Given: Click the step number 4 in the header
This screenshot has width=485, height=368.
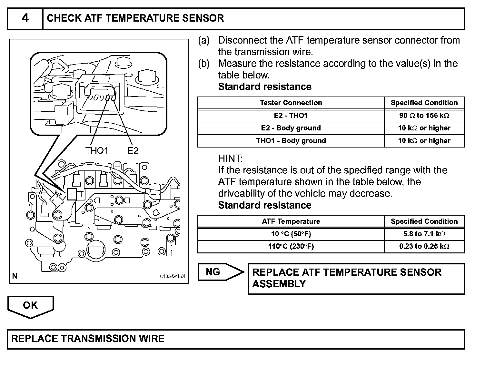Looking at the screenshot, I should [x=25, y=18].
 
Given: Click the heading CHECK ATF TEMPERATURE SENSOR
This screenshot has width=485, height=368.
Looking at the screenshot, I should [x=135, y=18].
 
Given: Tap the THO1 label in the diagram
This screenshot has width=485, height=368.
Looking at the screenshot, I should [x=96, y=150].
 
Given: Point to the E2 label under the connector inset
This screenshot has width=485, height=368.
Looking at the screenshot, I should [x=133, y=150].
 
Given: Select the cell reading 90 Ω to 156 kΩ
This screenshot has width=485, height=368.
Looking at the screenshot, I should [x=424, y=116].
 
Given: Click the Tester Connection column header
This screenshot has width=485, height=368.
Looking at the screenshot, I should [x=291, y=103].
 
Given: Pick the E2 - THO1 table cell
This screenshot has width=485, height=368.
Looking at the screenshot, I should [x=291, y=116].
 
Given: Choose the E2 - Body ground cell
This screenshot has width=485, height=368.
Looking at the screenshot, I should [x=291, y=128].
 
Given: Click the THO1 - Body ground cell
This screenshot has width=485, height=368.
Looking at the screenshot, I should [x=291, y=141].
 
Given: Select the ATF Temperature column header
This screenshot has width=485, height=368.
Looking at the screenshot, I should [x=291, y=221].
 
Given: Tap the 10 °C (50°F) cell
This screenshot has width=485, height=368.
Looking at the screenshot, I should [x=291, y=234].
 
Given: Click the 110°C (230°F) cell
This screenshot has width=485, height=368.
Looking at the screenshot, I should [x=291, y=247].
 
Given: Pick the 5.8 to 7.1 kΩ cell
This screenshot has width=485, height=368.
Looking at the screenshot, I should [x=424, y=234].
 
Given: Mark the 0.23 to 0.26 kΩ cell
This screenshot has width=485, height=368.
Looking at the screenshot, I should [x=424, y=247].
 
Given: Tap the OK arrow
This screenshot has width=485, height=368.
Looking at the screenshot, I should [x=30, y=306].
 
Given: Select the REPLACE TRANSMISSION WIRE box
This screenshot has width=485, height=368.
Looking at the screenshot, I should [x=235, y=339].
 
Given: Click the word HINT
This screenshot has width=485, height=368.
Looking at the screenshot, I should [x=230, y=158].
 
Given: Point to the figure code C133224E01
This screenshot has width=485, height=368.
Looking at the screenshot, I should [x=173, y=277].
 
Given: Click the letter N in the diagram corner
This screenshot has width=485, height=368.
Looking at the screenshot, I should [x=15, y=276].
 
